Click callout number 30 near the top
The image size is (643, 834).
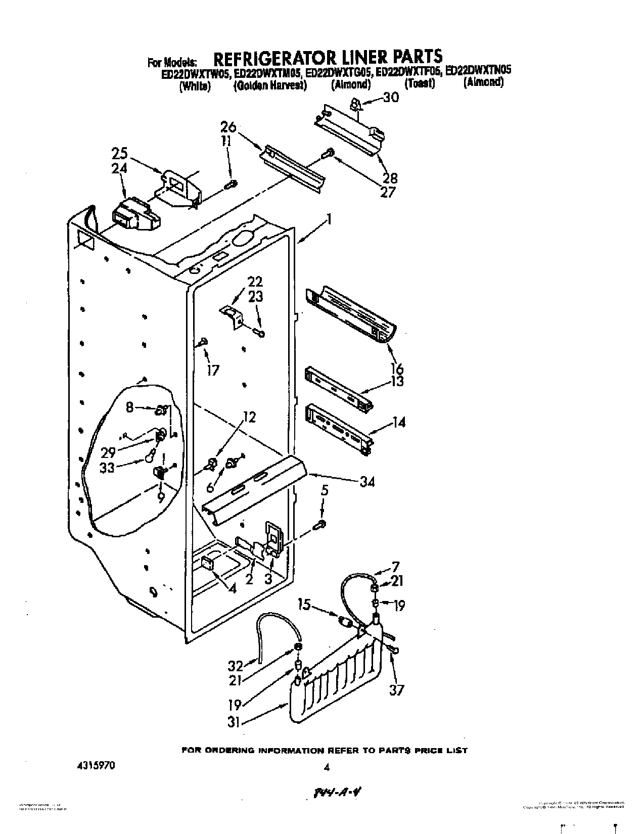(391, 98)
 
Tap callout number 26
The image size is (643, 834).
(228, 126)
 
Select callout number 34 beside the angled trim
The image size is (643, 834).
(368, 482)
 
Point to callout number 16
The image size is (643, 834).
(397, 368)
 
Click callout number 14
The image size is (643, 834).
(398, 421)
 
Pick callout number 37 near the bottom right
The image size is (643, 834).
(397, 689)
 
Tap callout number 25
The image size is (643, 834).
(120, 153)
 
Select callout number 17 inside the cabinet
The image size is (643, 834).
(213, 370)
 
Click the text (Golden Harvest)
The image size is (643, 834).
(270, 85)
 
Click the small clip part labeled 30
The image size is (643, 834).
(356, 105)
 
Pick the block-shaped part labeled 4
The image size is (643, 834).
(207, 563)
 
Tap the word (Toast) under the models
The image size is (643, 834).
(420, 83)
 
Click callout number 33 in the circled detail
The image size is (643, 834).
(107, 468)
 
